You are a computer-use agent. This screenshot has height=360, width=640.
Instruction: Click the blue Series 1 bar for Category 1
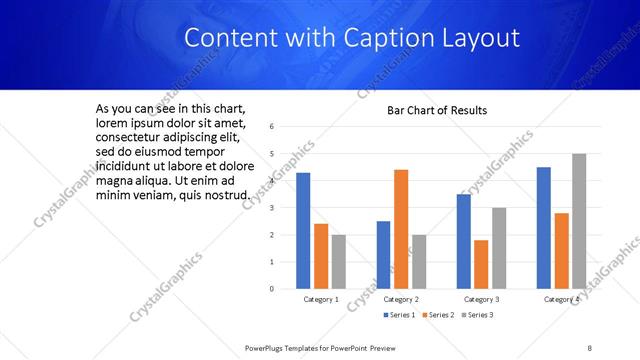click(x=303, y=231)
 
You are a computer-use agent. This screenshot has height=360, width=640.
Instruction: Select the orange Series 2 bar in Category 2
click(x=400, y=229)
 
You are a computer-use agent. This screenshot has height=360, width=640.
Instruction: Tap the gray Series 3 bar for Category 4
click(x=579, y=221)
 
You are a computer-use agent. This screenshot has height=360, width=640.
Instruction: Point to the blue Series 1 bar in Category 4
click(x=543, y=228)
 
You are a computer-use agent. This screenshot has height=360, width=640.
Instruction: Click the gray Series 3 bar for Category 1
click(x=339, y=261)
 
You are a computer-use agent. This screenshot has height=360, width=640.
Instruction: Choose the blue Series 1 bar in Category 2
click(x=383, y=255)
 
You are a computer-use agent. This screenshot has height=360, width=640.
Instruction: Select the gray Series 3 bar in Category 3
click(x=499, y=248)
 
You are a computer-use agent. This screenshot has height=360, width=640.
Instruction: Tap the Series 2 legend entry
click(x=439, y=316)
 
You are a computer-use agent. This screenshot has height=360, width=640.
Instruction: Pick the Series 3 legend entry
click(x=477, y=316)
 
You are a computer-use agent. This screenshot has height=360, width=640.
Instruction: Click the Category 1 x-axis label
click(x=321, y=299)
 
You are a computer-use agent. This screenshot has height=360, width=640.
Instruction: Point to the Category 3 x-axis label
click(x=481, y=299)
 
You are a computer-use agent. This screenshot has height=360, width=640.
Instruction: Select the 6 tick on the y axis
click(x=272, y=127)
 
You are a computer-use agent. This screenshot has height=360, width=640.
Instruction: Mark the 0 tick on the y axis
click(x=272, y=289)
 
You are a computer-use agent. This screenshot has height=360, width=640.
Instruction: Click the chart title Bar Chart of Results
click(x=437, y=110)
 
